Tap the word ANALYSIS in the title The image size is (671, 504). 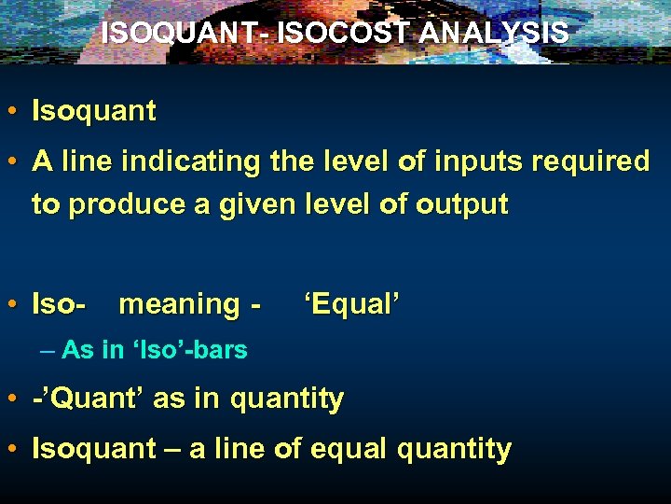494,33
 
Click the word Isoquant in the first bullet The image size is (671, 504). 94,112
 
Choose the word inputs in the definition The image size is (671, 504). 476,161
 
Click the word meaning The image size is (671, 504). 179,304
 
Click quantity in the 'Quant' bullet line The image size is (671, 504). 287,399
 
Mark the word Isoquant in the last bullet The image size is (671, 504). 94,449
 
